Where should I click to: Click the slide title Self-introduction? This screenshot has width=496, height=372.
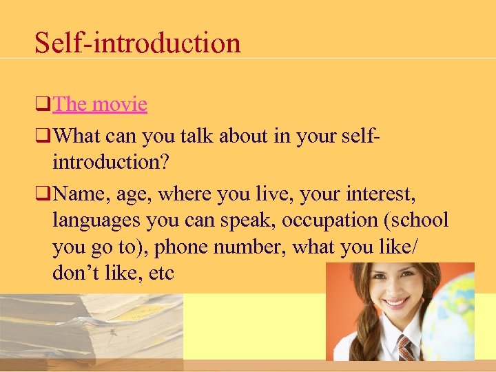(138, 43)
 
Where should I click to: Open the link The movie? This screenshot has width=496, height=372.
(100, 104)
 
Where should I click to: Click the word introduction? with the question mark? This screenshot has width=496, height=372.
(114, 163)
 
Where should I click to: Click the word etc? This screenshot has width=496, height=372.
(161, 272)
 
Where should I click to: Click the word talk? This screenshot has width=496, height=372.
(197, 137)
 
